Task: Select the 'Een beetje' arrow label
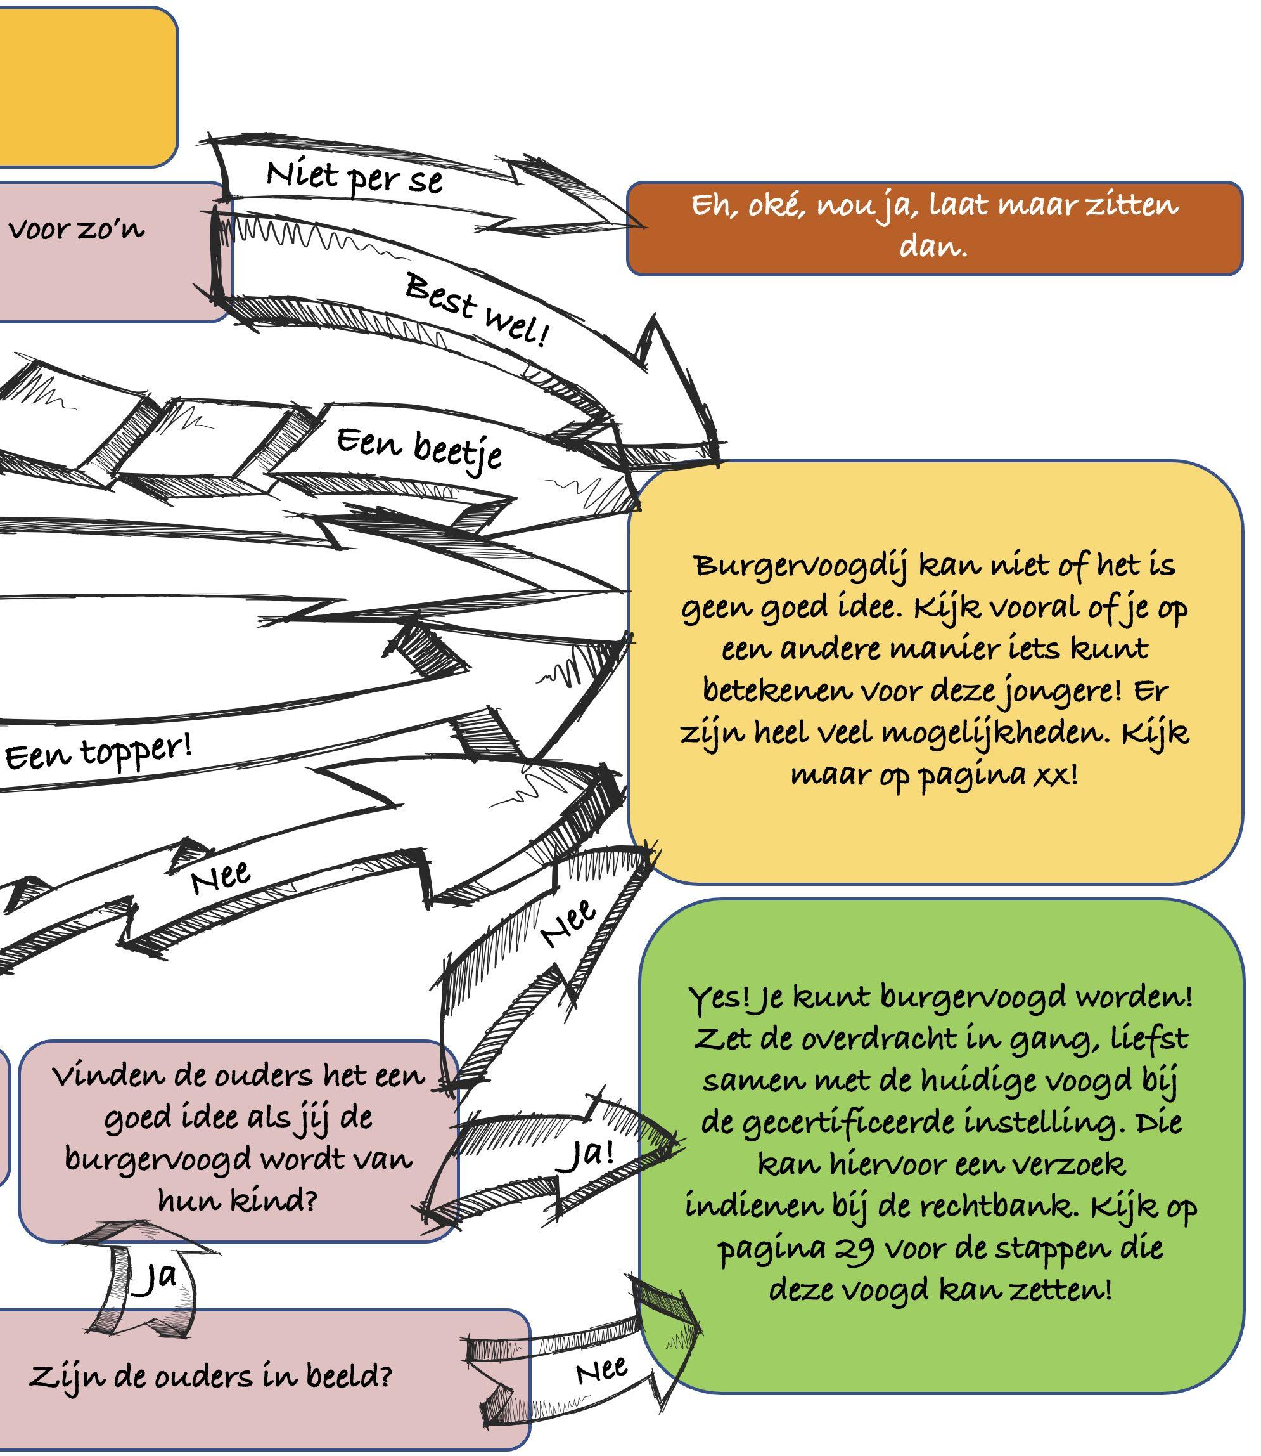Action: (419, 448)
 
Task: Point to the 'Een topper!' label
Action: (98, 753)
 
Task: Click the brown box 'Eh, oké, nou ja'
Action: (934, 228)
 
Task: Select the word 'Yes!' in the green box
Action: (717, 996)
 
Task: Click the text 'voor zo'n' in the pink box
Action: (76, 230)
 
